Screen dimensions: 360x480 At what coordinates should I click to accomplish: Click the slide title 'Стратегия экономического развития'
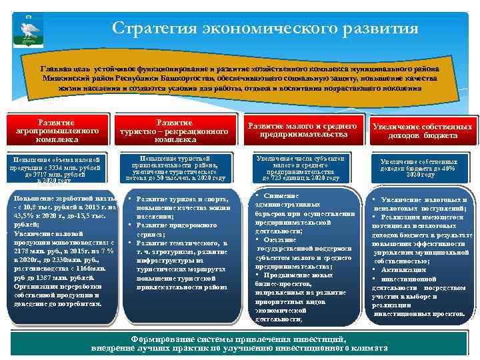click(x=265, y=28)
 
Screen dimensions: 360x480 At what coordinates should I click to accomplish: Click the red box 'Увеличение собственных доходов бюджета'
click(x=423, y=131)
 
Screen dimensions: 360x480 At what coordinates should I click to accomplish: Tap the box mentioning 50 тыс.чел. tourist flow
click(x=175, y=169)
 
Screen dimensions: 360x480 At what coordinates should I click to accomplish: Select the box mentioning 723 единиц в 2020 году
click(x=301, y=169)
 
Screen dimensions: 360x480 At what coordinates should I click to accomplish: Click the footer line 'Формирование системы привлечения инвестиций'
click(x=239, y=339)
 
